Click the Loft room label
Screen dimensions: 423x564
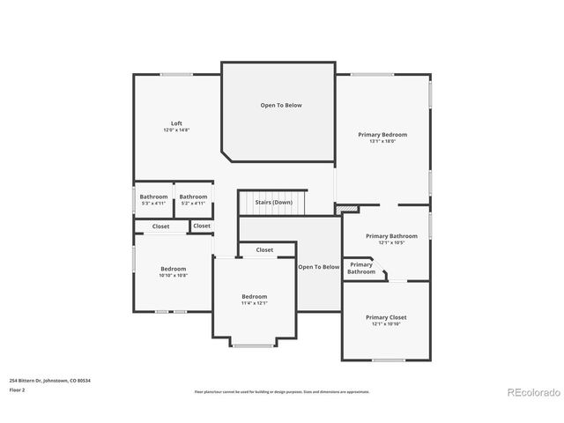tap(176, 122)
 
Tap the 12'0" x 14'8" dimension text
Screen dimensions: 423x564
tap(176, 130)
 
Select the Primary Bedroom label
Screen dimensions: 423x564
tap(382, 134)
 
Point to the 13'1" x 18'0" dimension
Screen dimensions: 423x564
tap(382, 141)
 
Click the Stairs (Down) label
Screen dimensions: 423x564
tap(274, 202)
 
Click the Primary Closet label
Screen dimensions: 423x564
tap(386, 316)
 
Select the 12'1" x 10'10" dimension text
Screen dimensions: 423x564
tap(386, 323)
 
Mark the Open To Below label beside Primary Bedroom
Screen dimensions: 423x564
tap(280, 105)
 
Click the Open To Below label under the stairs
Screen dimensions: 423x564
tap(318, 266)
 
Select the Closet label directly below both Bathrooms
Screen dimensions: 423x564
tap(161, 226)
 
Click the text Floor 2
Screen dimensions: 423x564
tap(18, 389)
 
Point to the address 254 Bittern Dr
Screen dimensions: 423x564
tap(49, 380)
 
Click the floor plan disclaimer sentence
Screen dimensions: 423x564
tap(282, 391)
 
